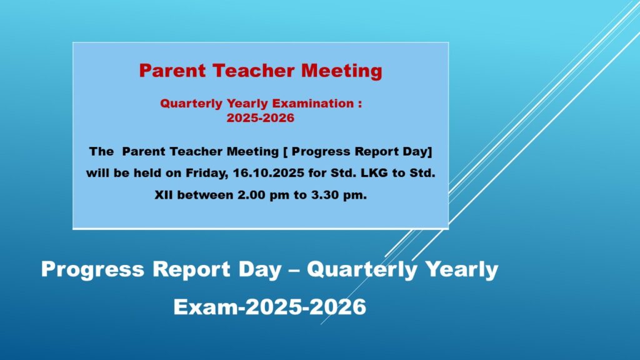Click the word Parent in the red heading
tap(172, 71)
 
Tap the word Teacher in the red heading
tap(254, 71)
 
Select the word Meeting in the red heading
tap(342, 71)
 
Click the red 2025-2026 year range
tap(261, 118)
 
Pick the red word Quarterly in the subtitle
tap(191, 104)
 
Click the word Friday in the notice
tap(207, 173)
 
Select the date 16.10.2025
tap(269, 173)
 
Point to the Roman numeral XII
tap(164, 195)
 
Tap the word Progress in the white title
tap(92, 270)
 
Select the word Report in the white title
tap(191, 270)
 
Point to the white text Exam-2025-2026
tap(270, 307)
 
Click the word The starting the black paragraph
tap(101, 151)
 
